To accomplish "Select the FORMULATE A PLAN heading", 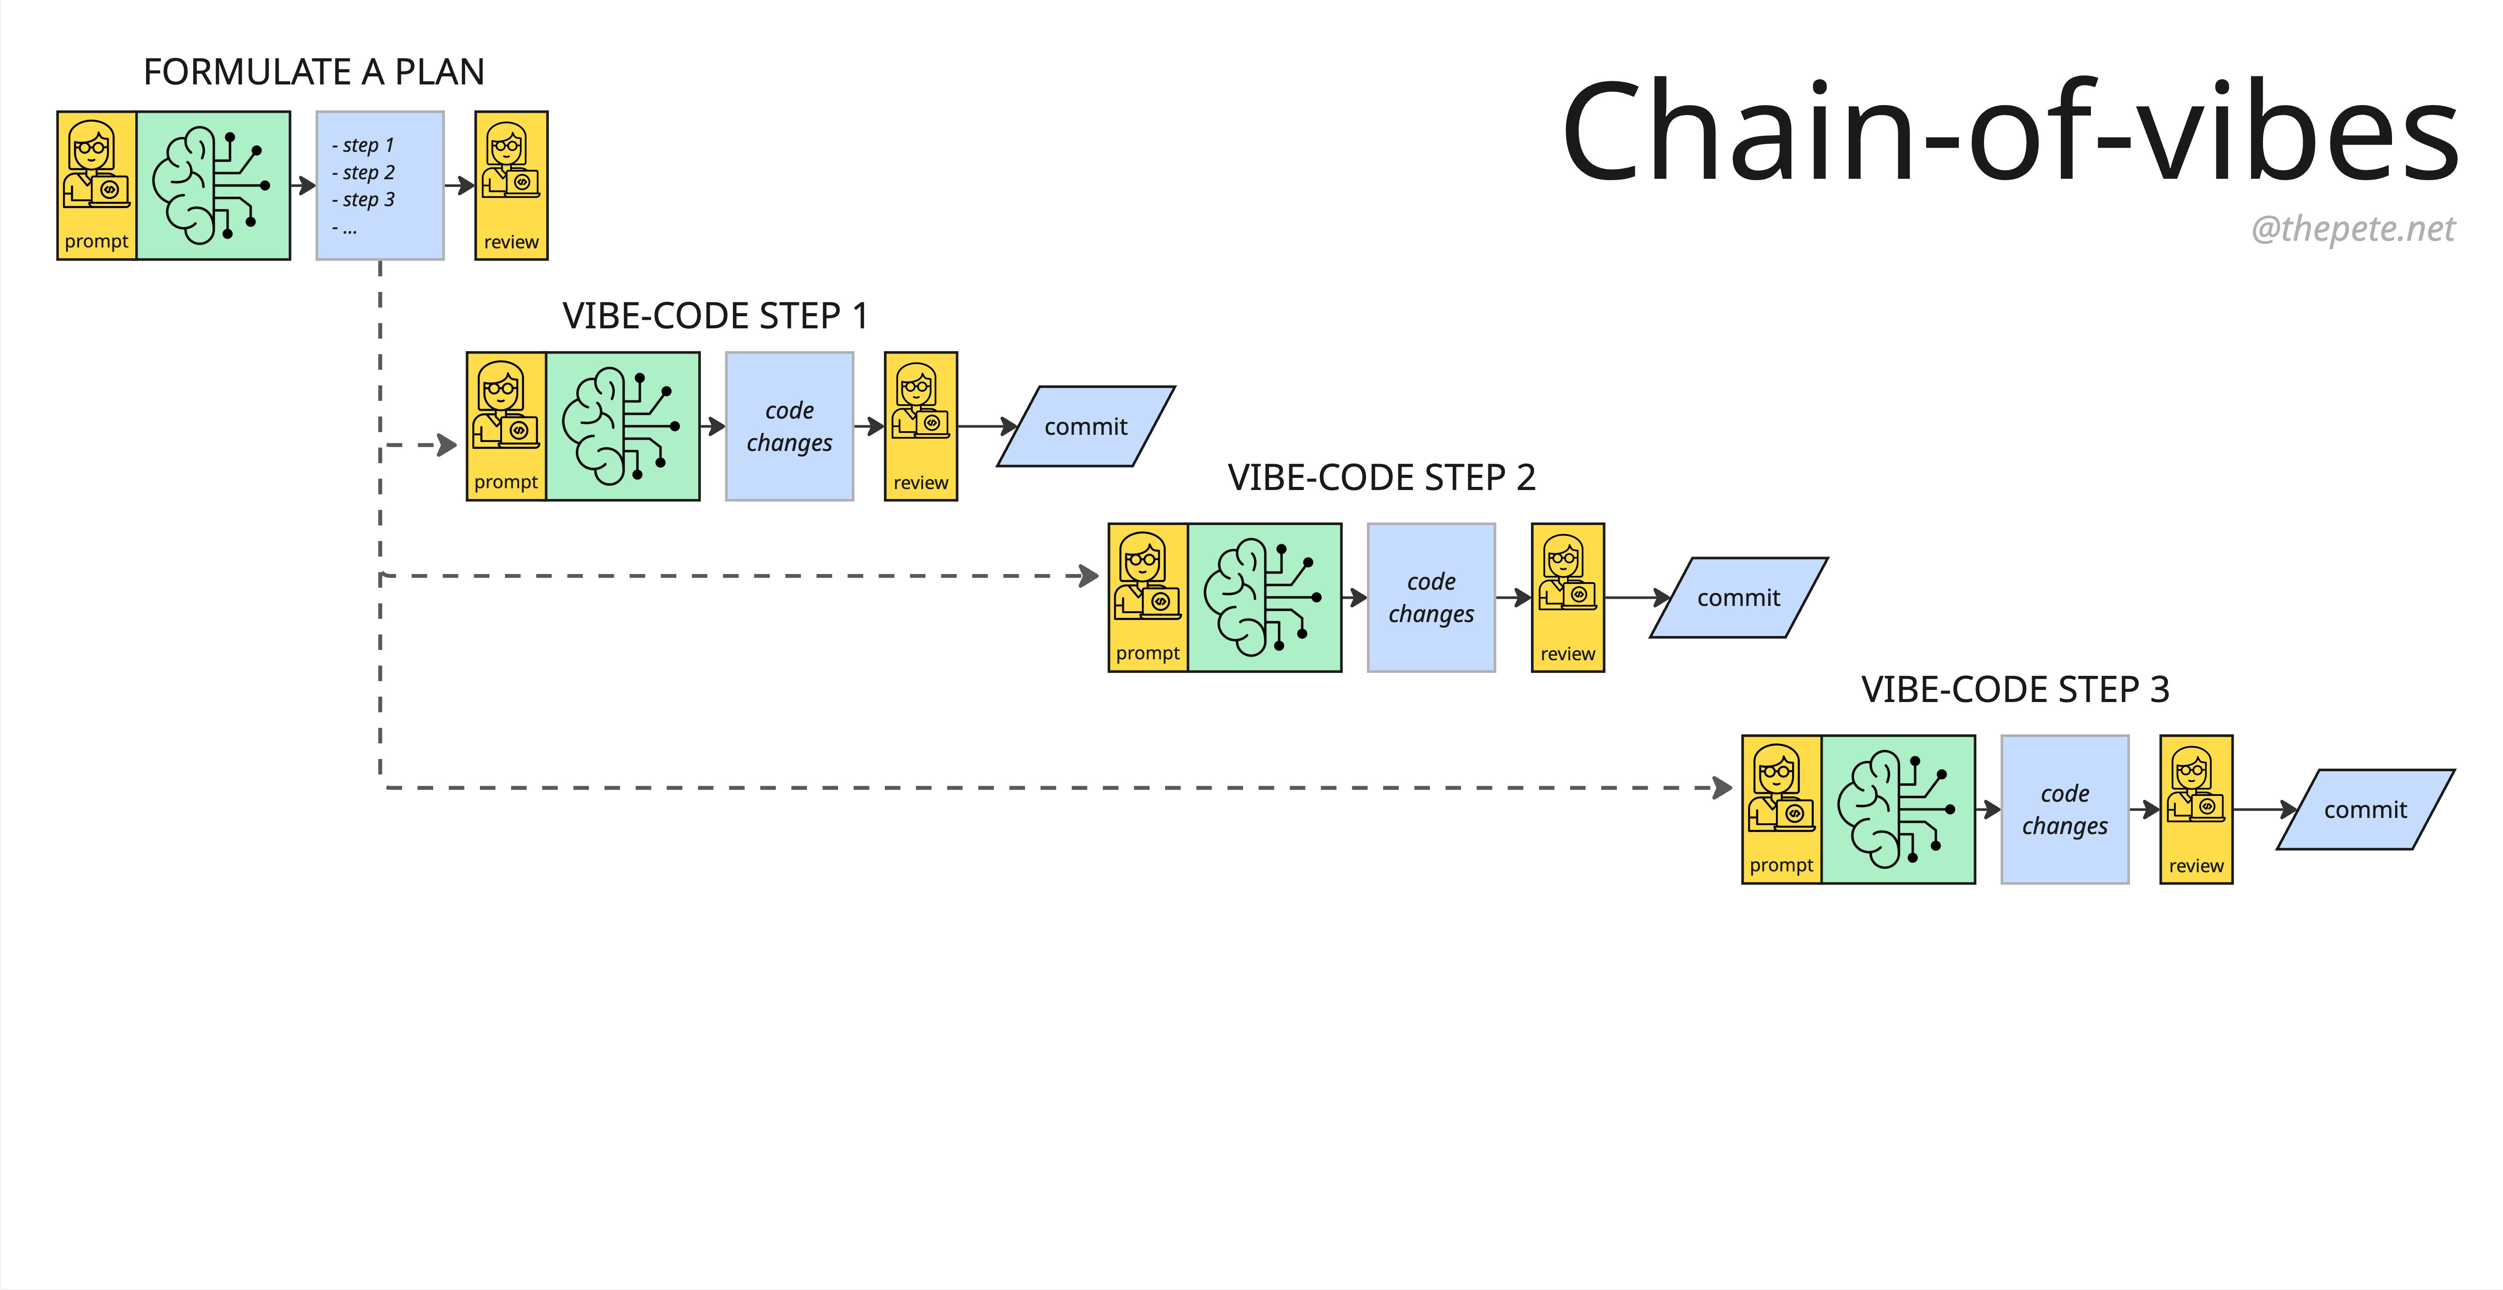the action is click(x=314, y=72).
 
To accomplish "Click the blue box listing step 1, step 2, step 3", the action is click(x=380, y=186).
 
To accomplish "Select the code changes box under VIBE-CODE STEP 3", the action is click(x=2065, y=809).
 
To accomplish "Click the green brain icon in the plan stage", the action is click(x=213, y=186).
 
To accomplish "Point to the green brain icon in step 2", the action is click(x=1264, y=597).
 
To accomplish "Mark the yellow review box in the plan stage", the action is click(x=511, y=186).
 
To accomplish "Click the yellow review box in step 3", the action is click(x=2196, y=809).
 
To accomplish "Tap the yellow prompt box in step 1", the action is click(x=506, y=426).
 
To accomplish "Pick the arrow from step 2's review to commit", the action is click(x=1637, y=597).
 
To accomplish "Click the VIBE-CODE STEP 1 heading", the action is click(x=715, y=316).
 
